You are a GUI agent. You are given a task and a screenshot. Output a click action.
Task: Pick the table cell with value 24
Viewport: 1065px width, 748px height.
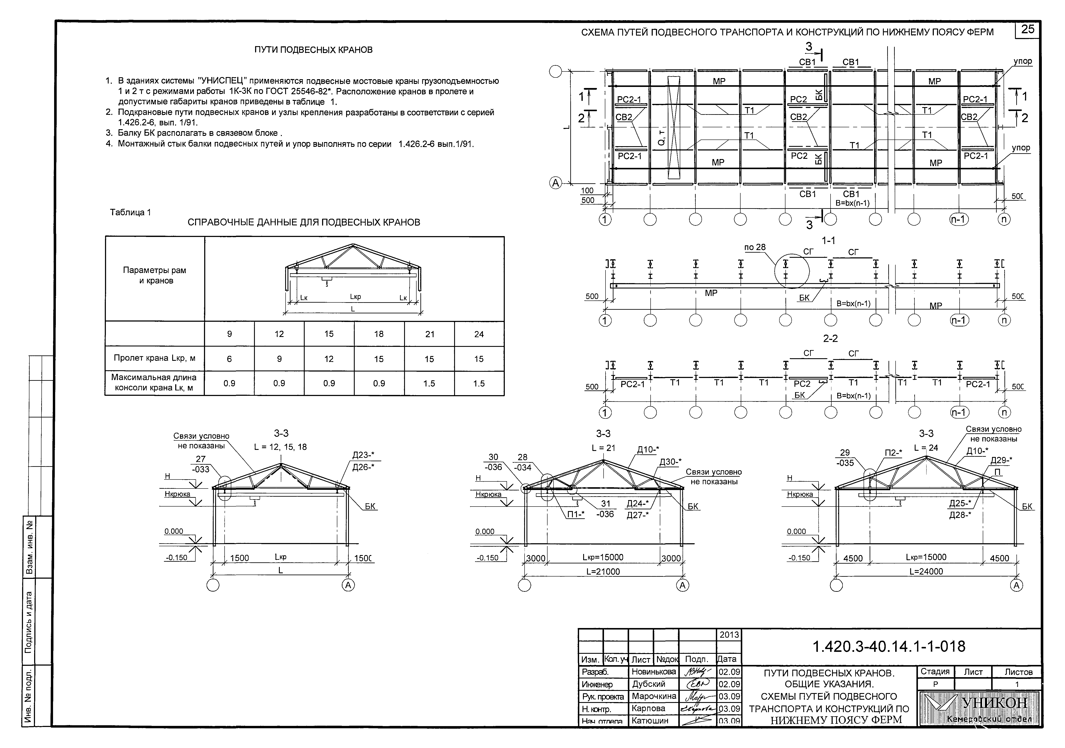coord(479,334)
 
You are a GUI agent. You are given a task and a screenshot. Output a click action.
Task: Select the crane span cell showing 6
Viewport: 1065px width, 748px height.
coord(229,359)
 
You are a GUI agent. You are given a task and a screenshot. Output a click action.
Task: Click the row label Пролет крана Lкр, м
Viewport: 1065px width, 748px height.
coord(154,358)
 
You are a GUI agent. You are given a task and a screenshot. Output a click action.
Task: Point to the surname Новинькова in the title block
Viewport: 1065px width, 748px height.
coord(654,672)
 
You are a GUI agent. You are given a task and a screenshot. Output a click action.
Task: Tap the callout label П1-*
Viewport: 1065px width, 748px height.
coord(576,514)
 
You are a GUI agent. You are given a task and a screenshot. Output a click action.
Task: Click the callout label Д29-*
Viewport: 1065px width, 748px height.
coord(1001,460)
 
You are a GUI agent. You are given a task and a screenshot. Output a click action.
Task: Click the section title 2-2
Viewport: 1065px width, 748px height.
coord(830,339)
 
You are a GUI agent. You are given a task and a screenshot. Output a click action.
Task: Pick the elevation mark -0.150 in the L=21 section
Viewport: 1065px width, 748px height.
coord(487,558)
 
